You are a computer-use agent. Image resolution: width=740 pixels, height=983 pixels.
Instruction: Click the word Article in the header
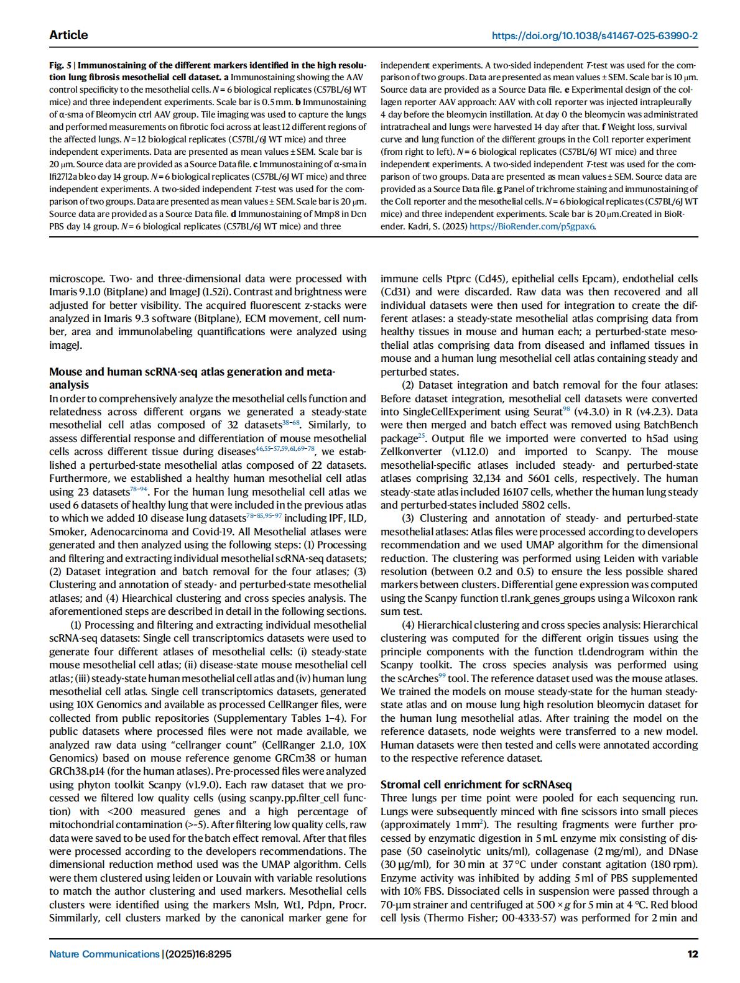click(x=68, y=35)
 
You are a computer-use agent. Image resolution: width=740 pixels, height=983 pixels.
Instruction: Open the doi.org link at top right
click(x=594, y=35)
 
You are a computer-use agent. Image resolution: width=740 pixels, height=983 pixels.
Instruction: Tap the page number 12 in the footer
click(x=692, y=954)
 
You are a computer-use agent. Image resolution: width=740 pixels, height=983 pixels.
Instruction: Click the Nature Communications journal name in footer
click(x=104, y=954)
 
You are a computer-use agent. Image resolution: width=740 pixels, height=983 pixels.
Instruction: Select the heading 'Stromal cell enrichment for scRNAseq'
click(x=476, y=785)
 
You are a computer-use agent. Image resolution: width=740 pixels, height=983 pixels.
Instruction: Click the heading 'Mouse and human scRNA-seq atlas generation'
click(x=192, y=372)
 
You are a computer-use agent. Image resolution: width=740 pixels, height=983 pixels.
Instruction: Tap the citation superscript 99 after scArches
click(x=443, y=675)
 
